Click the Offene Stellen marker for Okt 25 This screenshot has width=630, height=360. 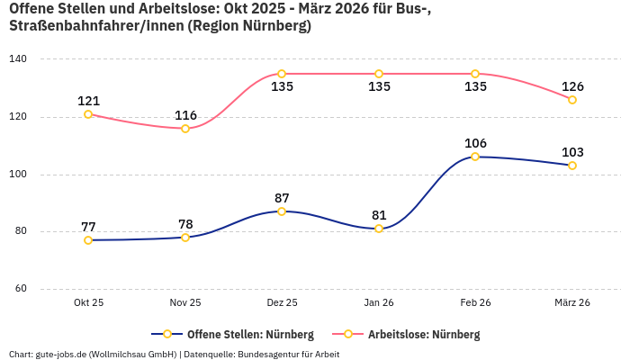point(88,240)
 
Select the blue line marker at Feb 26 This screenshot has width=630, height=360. point(475,157)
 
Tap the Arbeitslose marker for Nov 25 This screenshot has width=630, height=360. point(185,129)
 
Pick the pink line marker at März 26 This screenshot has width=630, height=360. point(572,100)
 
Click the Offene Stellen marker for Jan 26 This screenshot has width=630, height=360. point(379,229)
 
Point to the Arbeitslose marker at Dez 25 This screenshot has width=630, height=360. point(282,74)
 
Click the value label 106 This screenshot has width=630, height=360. point(475,143)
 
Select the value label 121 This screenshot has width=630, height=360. point(88,101)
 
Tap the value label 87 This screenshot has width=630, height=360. point(282,198)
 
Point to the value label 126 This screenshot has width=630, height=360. point(572,86)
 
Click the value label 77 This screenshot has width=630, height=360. point(88,227)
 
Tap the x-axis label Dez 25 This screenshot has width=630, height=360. point(282,303)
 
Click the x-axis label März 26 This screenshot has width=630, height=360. point(572,303)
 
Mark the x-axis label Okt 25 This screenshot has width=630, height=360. point(88,303)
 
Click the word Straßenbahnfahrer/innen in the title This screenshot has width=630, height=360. point(94,26)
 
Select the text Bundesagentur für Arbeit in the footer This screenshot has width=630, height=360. point(288,355)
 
